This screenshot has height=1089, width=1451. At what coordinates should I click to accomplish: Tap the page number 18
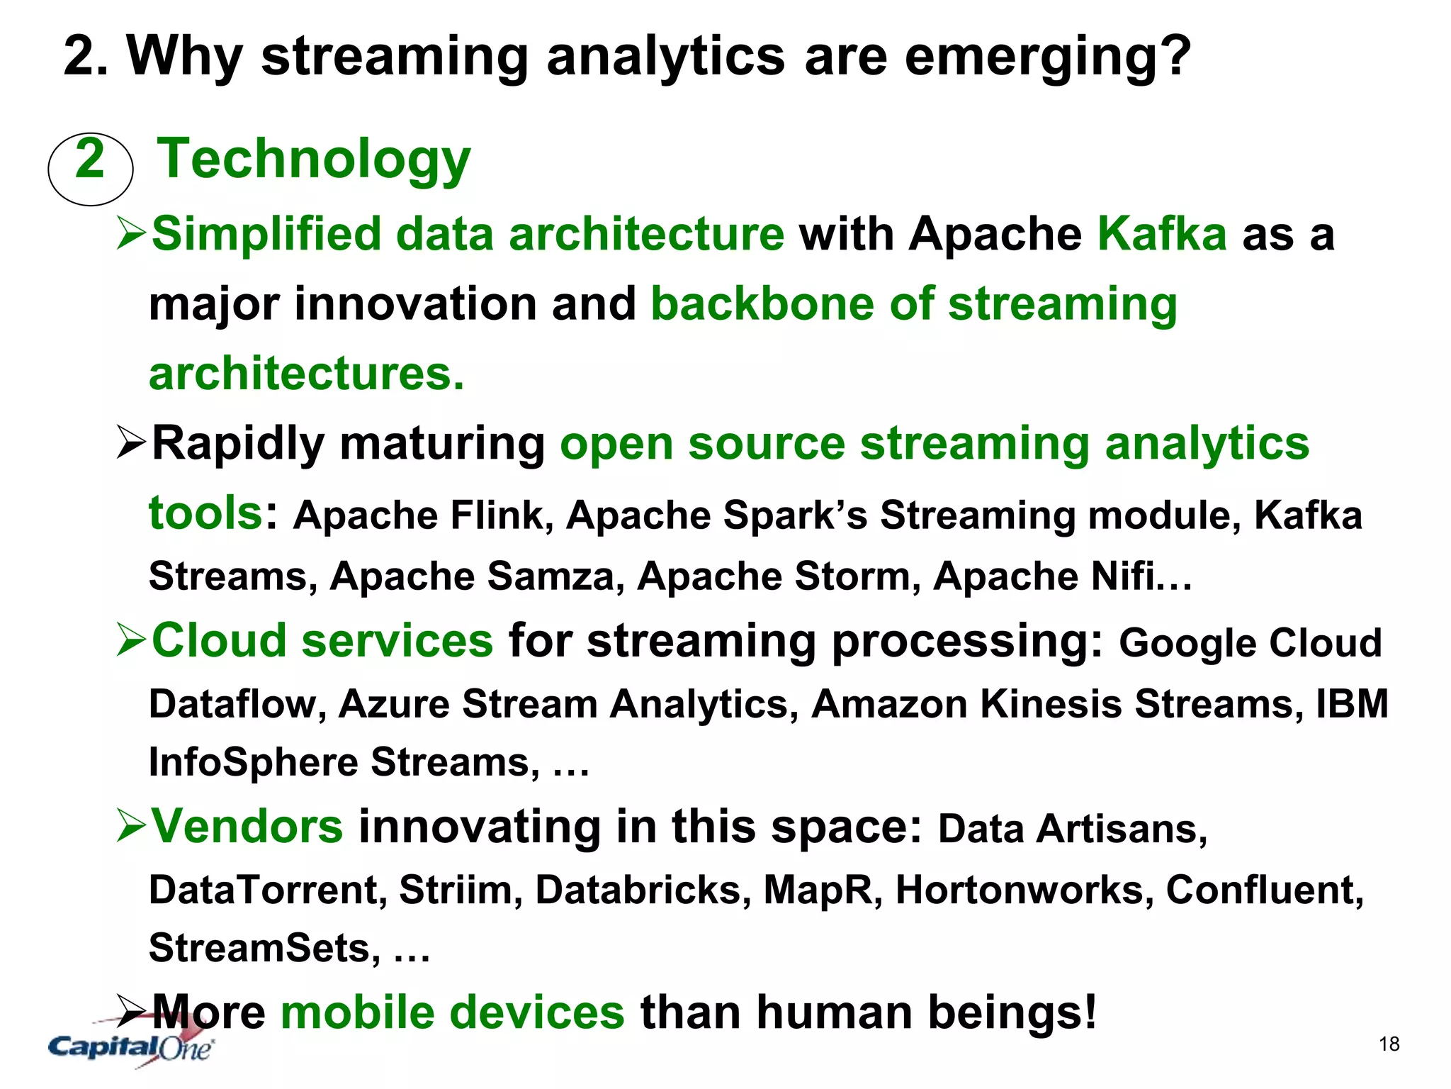tap(1389, 1044)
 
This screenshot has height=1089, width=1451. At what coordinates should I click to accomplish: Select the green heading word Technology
tap(313, 160)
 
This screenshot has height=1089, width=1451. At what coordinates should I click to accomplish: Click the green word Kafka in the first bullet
tap(1162, 234)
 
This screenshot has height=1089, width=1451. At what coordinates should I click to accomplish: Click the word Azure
tap(394, 704)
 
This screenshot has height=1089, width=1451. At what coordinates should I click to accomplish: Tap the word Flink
tap(501, 515)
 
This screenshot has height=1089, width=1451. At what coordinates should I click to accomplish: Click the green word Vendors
tap(247, 827)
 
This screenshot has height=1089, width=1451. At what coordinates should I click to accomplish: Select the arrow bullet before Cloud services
tap(131, 640)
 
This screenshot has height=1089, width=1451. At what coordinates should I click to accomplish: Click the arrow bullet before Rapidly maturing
tap(131, 445)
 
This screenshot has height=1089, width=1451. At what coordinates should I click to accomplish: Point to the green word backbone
tap(763, 304)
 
